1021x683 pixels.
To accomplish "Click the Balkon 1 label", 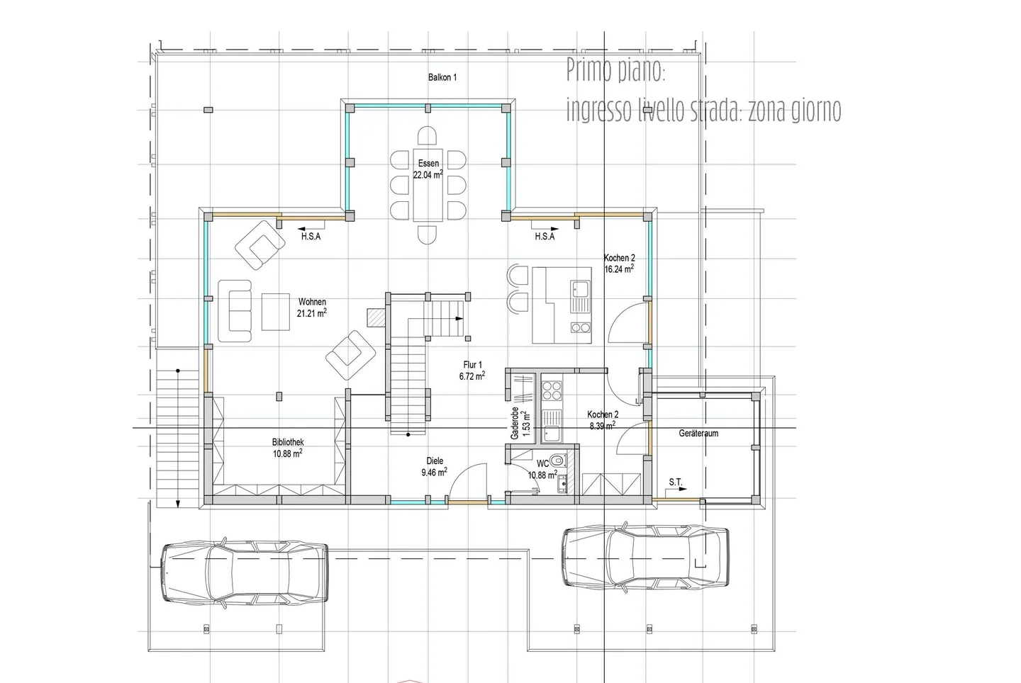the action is [442, 77].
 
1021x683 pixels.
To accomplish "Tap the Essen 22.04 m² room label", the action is [428, 169].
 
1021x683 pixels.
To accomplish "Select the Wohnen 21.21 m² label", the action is [312, 307].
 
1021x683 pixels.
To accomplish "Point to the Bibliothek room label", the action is [288, 442].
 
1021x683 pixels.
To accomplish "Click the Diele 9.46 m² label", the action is [434, 467].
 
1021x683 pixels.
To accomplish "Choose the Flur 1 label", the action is [472, 365].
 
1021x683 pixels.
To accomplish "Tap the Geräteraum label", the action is [698, 434].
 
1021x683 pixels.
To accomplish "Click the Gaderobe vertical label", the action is [515, 424].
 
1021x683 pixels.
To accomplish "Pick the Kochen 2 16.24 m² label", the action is [619, 264].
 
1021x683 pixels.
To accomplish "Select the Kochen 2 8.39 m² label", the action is [603, 420].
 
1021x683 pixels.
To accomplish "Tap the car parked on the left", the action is [245, 572].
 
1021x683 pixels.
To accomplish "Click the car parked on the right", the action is [645, 556].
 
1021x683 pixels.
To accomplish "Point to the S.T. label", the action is [676, 482].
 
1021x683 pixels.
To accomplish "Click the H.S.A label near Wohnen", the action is [311, 237].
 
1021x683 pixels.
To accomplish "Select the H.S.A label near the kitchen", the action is [545, 237].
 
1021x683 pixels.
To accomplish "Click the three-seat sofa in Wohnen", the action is [235, 311].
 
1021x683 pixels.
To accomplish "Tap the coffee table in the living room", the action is [276, 312].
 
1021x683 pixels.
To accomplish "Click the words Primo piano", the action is [615, 71].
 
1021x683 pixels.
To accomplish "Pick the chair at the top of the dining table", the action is [427, 136].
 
